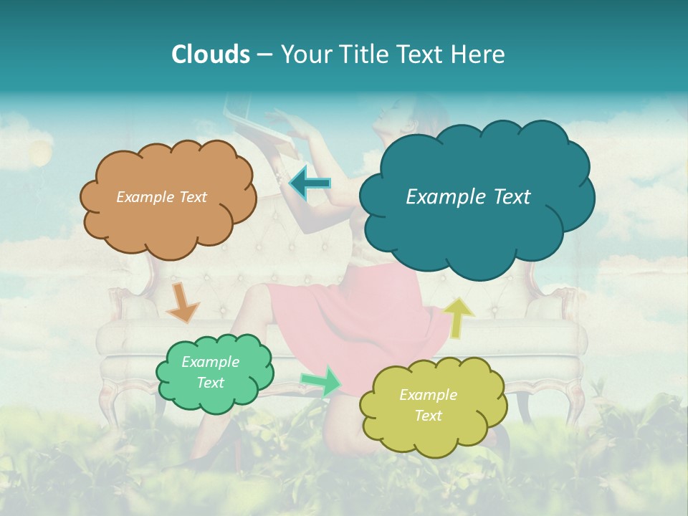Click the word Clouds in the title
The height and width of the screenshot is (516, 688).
pos(210,54)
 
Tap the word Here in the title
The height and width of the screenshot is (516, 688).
pos(478,54)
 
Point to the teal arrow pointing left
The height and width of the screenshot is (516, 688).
pos(310,183)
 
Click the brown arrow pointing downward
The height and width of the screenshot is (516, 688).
pos(183,302)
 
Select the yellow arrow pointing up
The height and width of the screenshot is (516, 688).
pos(459,317)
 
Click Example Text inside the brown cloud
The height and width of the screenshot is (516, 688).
pos(161,197)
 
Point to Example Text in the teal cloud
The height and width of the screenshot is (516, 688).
pos(468,197)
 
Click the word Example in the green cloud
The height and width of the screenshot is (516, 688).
pos(210,362)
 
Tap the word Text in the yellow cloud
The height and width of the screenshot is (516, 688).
pos(428,416)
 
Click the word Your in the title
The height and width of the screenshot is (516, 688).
pos(307,54)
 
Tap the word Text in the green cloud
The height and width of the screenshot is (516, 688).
pos(210,383)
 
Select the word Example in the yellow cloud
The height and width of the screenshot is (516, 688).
pos(428,395)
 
